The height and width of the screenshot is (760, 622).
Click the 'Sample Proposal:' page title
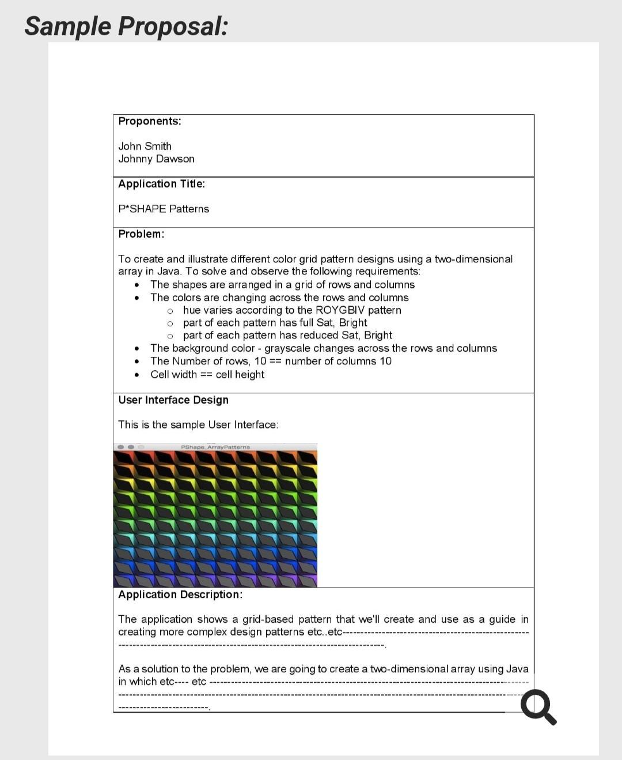126,27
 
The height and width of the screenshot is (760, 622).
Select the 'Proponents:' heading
149,121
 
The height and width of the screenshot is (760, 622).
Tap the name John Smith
145,146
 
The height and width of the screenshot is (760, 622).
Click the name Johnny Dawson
156,159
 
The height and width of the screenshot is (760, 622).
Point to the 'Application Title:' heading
161,184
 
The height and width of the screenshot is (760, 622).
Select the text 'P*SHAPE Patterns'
164,209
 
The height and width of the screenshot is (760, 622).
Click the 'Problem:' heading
141,234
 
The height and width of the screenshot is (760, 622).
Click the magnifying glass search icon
538,708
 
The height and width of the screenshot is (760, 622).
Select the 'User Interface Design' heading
173,400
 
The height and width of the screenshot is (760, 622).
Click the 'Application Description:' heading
180,595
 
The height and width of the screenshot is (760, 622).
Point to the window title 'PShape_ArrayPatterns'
215,447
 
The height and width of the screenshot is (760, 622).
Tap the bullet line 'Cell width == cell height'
207,375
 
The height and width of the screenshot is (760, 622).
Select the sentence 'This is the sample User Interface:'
198,425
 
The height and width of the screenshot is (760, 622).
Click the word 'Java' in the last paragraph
517,669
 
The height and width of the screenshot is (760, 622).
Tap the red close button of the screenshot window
120,447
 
